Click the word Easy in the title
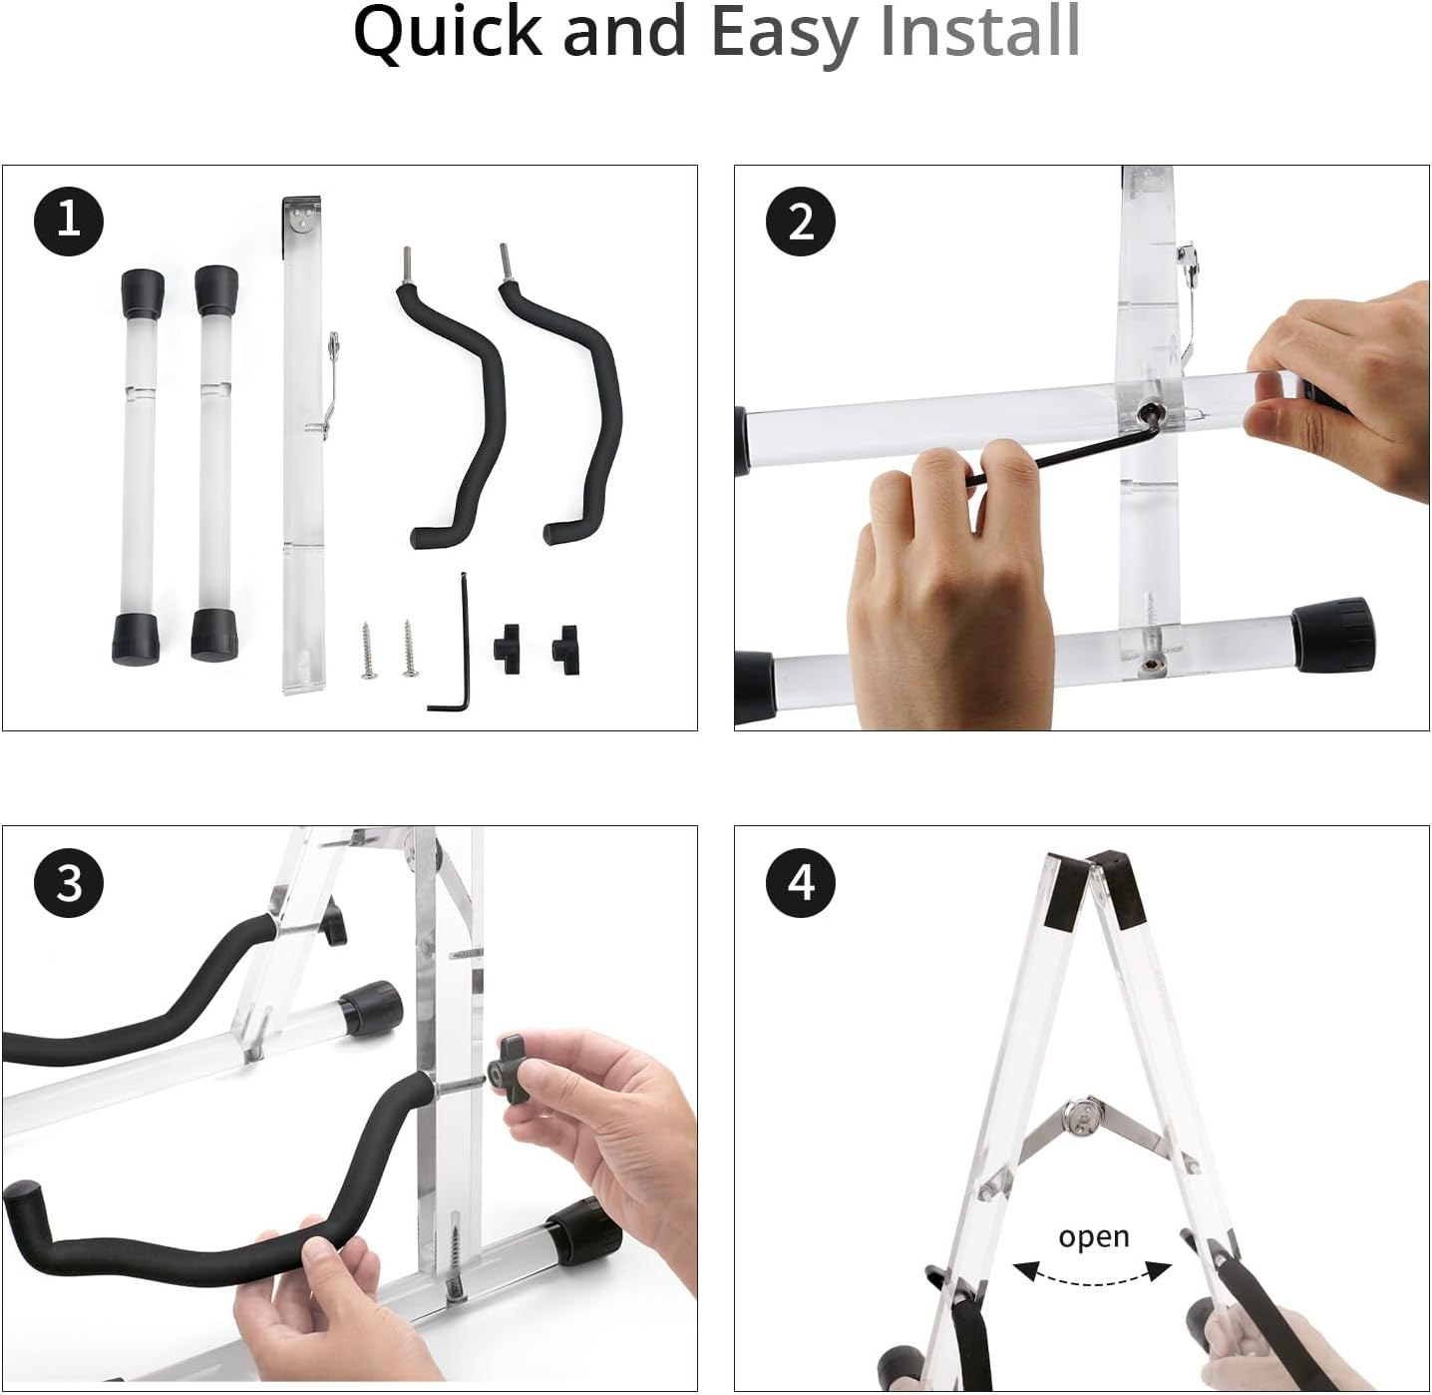pyautogui.click(x=784, y=34)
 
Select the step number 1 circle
pyautogui.click(x=69, y=219)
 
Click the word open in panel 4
pyautogui.click(x=1093, y=1236)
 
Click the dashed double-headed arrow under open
pyautogui.click(x=1092, y=1271)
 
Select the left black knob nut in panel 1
pyautogui.click(x=510, y=643)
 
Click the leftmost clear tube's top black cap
pyautogui.click(x=143, y=290)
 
